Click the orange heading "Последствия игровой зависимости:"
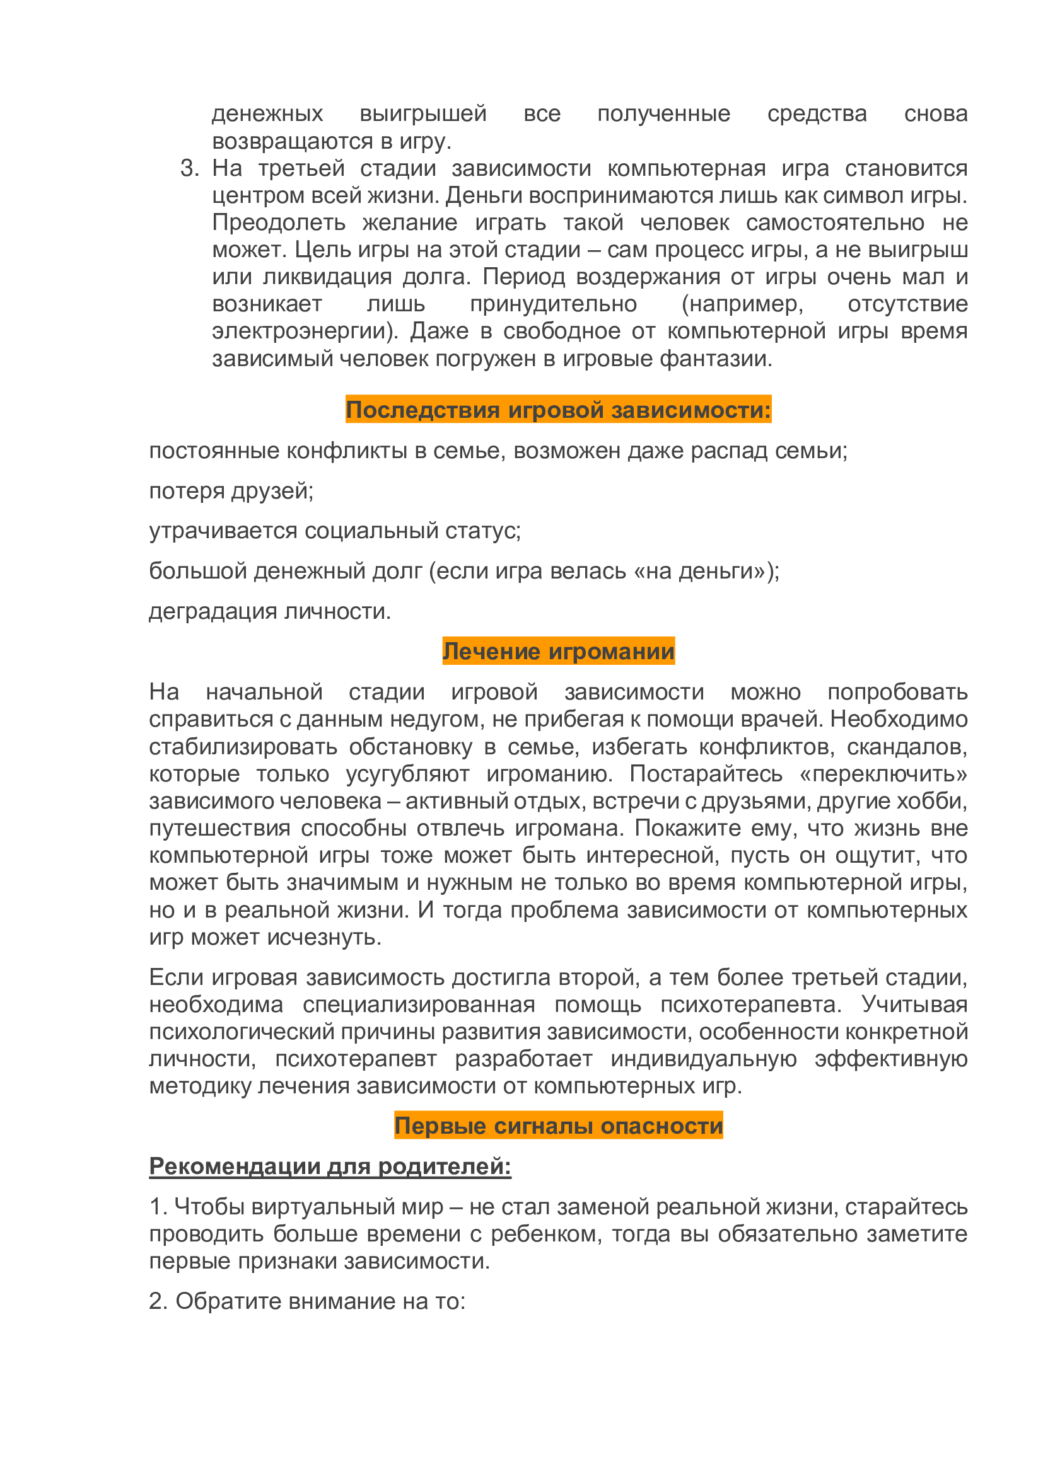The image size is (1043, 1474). point(558,410)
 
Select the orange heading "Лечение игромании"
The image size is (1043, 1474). point(558,651)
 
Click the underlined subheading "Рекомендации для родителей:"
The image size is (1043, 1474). point(330,1166)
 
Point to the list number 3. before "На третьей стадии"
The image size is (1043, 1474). point(189,168)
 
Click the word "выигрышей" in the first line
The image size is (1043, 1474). point(423,113)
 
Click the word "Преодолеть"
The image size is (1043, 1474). point(279,222)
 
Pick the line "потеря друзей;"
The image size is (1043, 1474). point(231,490)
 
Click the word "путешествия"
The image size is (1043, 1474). point(219,828)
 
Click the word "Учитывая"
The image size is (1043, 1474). point(914,1004)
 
